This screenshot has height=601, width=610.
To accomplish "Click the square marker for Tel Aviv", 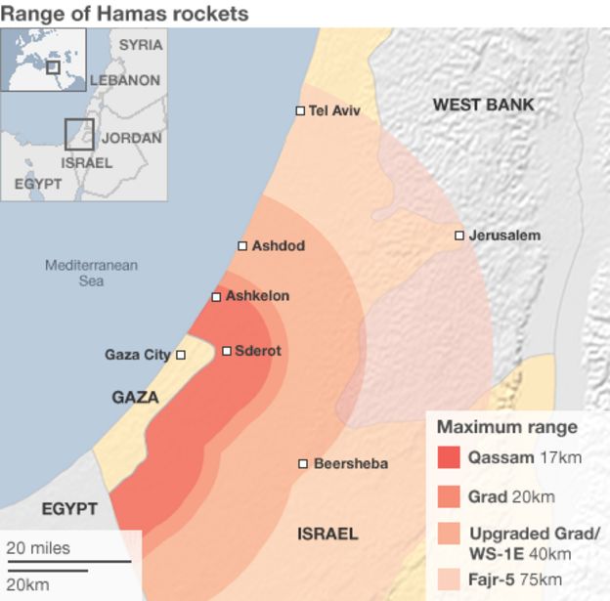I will point(300,110).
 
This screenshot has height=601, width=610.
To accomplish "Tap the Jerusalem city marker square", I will point(458,236).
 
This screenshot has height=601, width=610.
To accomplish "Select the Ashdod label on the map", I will point(278,246).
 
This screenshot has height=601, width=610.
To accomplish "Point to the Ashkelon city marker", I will point(216,296).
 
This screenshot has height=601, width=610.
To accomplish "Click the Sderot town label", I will point(257,351).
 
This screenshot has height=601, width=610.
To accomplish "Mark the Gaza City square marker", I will point(180,355).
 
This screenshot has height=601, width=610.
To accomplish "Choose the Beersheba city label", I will point(350,463).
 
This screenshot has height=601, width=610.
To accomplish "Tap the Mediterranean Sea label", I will point(91,273).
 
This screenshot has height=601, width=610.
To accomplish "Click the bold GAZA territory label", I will point(135,398).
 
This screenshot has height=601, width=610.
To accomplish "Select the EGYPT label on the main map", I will point(68,509).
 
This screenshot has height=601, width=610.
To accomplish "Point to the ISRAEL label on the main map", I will point(327,534).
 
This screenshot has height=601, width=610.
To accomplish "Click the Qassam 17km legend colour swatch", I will point(448,457).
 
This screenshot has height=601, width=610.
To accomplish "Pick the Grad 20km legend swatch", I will point(448,496).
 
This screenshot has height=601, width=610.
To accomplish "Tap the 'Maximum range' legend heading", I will point(506,427).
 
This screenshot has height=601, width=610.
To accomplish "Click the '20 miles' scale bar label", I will point(39,548).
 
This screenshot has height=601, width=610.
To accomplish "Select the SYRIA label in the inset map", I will point(141,45).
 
